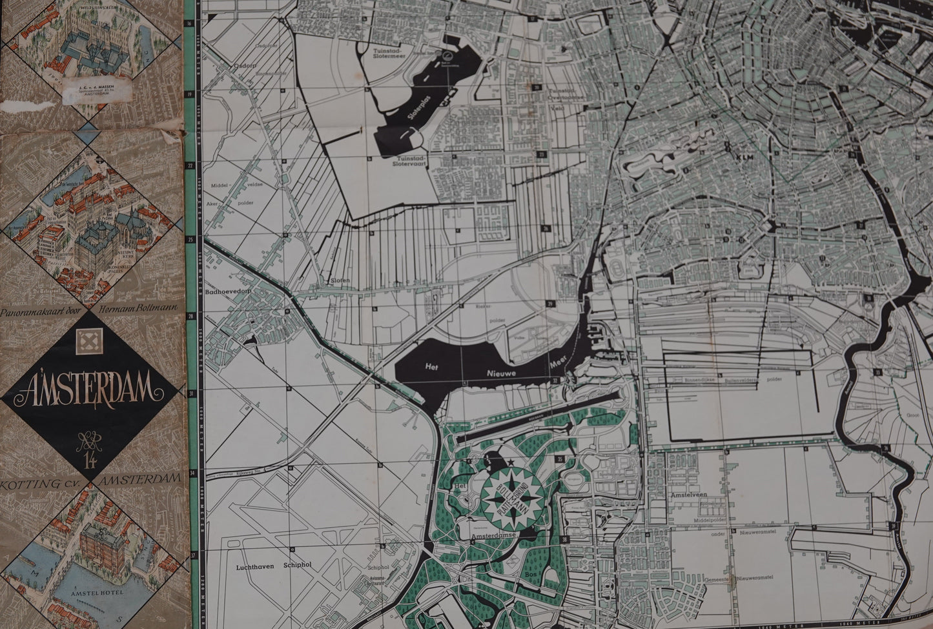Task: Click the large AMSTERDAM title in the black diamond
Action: click(x=91, y=389)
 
